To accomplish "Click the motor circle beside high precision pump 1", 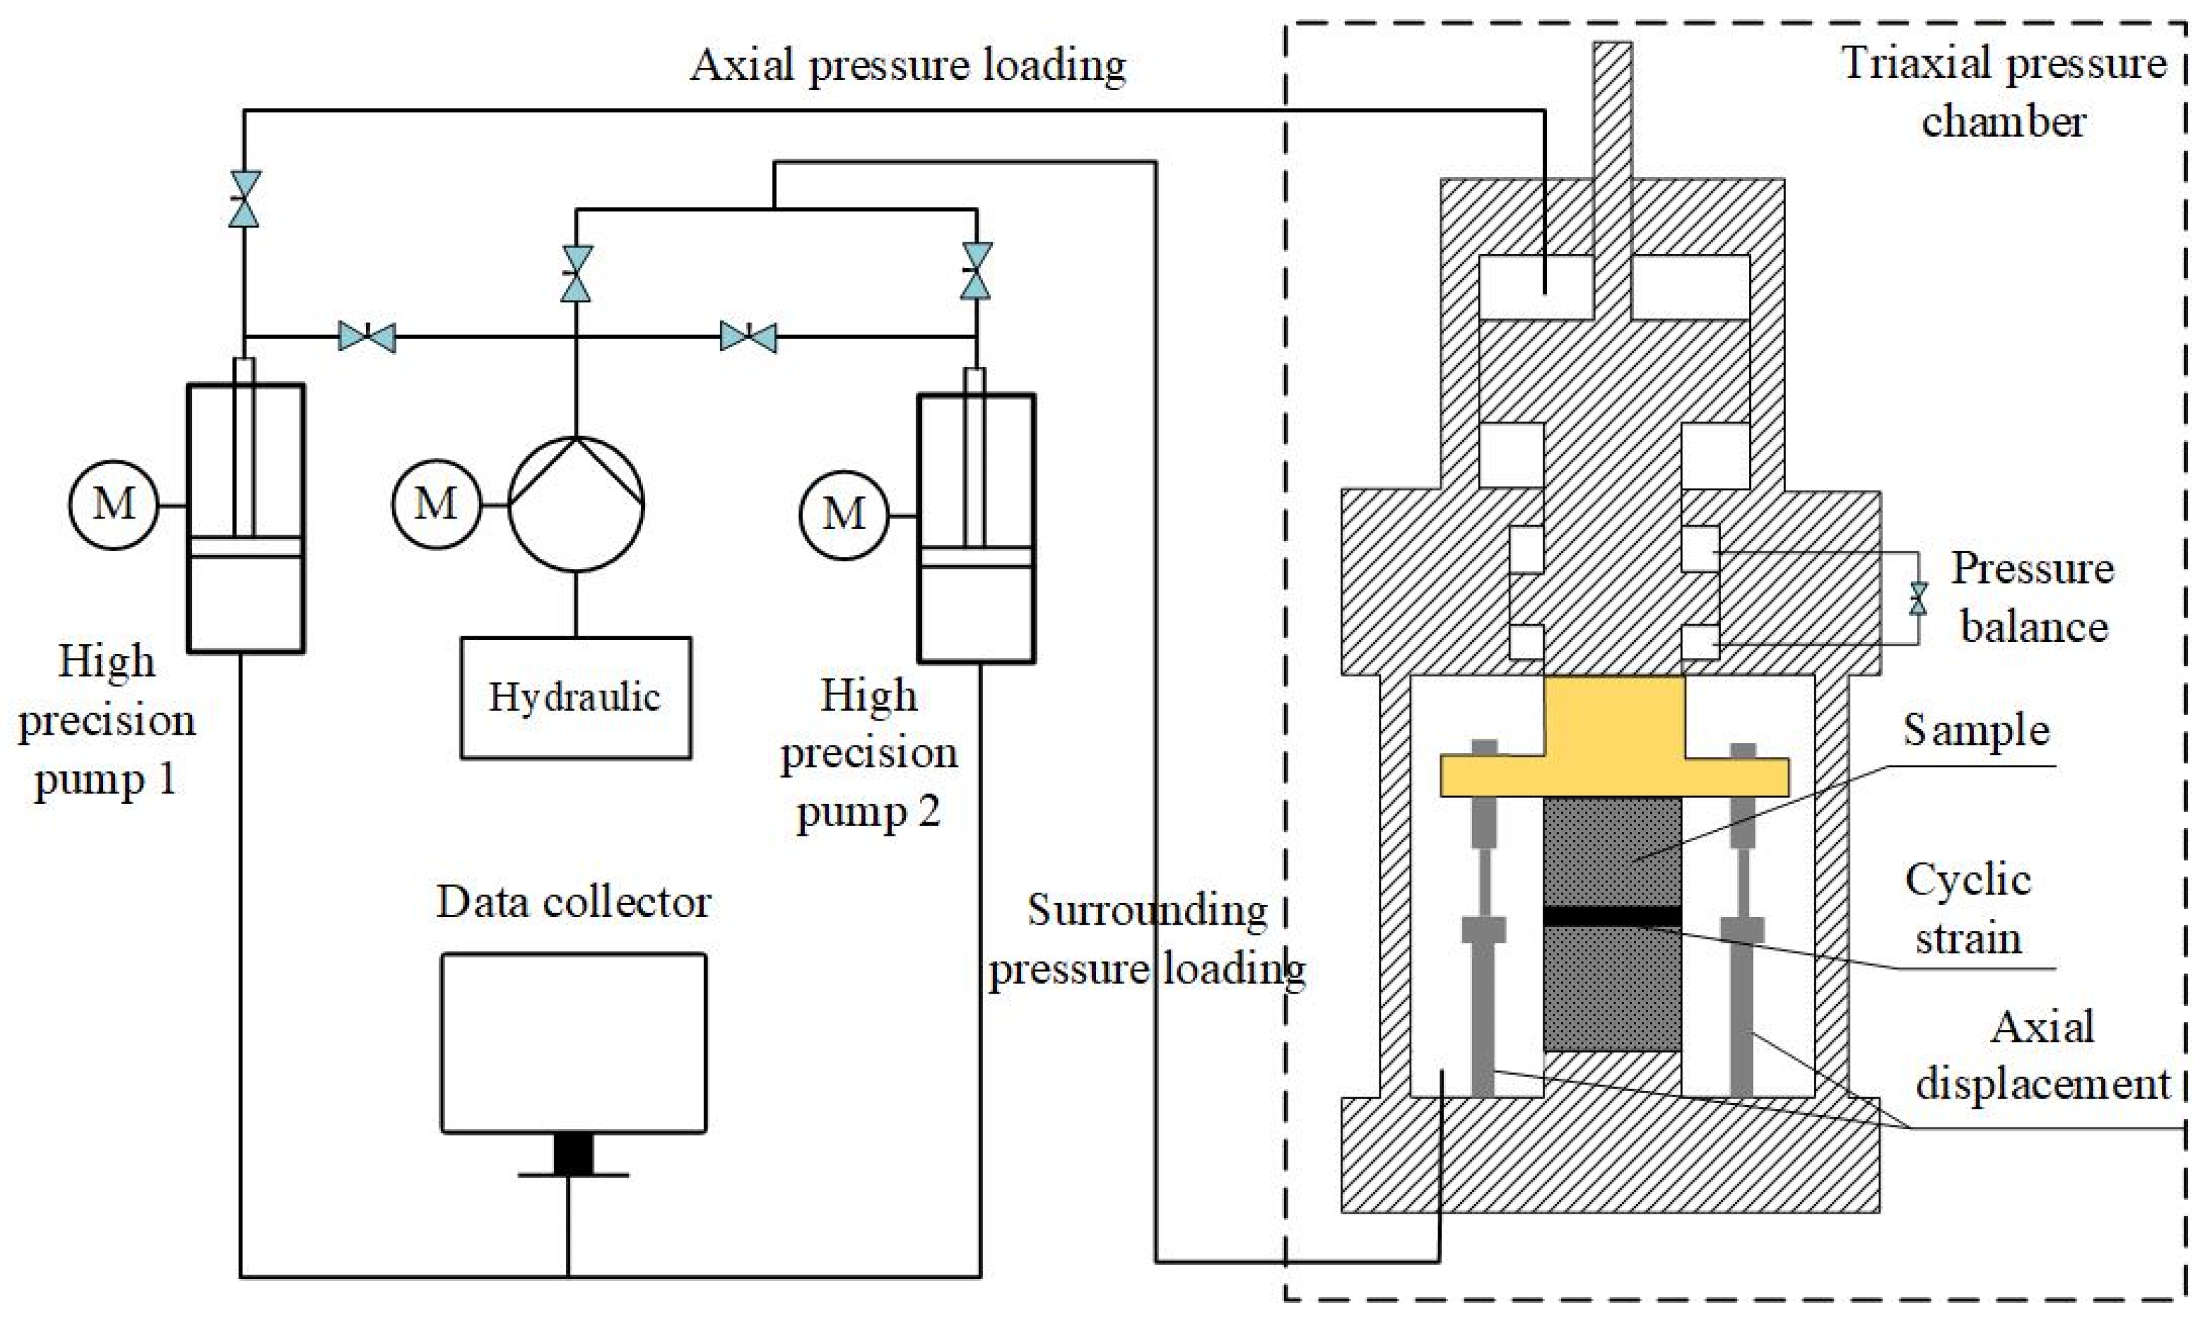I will [113, 505].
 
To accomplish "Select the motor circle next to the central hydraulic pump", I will [435, 505].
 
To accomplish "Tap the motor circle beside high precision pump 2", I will [843, 514].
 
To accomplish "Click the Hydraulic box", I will [575, 697].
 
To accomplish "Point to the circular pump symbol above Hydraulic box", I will [575, 504].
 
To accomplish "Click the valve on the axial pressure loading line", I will [244, 198].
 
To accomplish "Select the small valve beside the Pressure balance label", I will [1917, 599].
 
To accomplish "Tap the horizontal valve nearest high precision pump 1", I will [367, 337].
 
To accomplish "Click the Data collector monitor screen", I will [574, 1042].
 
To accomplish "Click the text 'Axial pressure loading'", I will [907, 65].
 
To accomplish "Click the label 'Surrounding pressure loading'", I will [1147, 939].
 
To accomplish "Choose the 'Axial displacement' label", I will [2043, 1056].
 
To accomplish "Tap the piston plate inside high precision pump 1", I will [245, 547].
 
